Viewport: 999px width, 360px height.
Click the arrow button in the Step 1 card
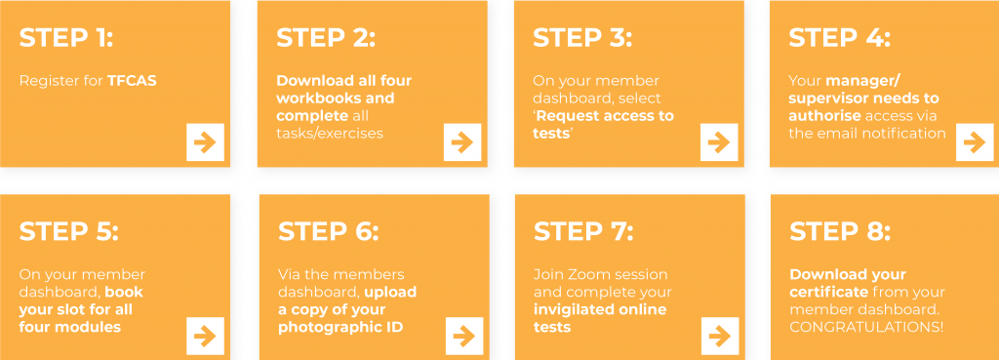[x=205, y=142]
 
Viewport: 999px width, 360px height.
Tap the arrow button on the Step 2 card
[x=461, y=142]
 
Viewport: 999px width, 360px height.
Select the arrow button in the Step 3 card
[x=719, y=142]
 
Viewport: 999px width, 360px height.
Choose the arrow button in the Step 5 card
[x=205, y=336]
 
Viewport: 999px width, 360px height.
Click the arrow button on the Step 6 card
[x=464, y=336]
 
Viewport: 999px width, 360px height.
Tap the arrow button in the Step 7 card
[x=720, y=336]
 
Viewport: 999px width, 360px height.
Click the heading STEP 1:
[x=66, y=38]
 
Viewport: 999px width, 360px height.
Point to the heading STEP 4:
[x=840, y=38]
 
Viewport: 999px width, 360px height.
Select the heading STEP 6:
[x=328, y=231]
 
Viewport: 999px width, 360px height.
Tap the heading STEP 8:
[x=840, y=231]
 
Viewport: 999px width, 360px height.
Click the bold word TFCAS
[x=132, y=81]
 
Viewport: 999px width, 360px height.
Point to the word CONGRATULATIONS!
[x=866, y=327]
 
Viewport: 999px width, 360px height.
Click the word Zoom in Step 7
[x=585, y=274]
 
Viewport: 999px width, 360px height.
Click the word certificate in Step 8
[x=829, y=292]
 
